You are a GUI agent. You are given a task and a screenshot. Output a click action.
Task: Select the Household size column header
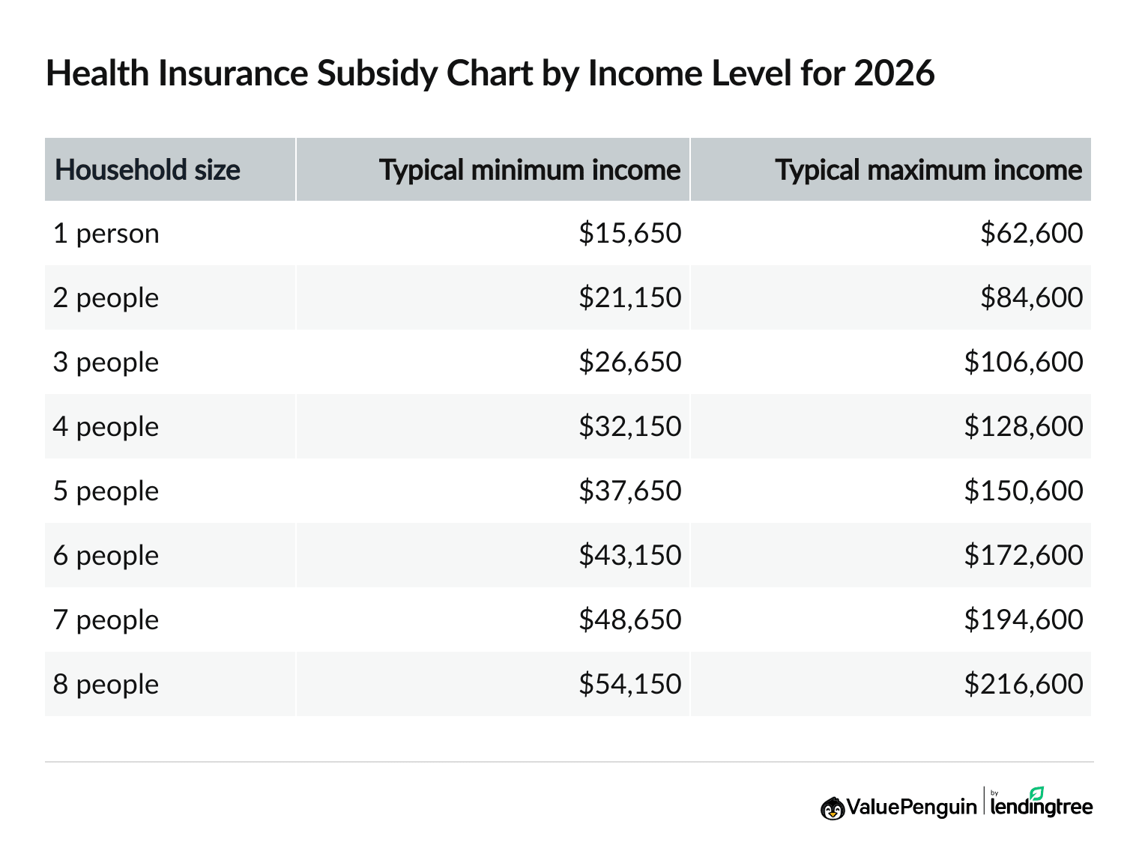click(x=148, y=170)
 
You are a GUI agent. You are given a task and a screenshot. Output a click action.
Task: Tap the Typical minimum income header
click(x=530, y=170)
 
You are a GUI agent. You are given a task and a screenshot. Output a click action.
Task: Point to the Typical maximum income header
click(x=928, y=170)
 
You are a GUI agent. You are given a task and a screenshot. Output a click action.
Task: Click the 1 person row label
click(x=106, y=234)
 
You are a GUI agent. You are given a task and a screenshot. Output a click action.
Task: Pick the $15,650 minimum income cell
click(x=629, y=234)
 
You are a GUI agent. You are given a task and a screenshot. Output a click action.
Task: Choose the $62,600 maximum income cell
click(x=1031, y=234)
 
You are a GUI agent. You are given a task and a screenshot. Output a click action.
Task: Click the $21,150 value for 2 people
click(x=629, y=298)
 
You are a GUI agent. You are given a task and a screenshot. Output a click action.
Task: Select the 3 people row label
click(x=106, y=363)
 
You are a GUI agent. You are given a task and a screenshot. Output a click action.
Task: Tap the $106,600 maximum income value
click(x=1023, y=363)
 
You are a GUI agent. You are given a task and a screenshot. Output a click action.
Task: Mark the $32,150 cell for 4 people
click(x=629, y=427)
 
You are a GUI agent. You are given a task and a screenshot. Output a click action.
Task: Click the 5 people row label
click(x=106, y=491)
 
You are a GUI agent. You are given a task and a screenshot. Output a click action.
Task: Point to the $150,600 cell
click(x=1023, y=491)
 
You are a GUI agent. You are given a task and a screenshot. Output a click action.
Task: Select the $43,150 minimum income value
click(x=629, y=556)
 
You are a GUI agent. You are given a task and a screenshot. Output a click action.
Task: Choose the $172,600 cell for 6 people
click(x=1023, y=556)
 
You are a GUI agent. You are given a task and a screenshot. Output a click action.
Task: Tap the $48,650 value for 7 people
click(x=629, y=620)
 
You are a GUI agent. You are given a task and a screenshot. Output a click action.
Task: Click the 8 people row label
click(x=106, y=685)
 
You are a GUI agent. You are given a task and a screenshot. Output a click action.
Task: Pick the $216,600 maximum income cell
click(x=1023, y=685)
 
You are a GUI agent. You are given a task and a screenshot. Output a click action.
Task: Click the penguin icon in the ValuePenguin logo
click(x=833, y=808)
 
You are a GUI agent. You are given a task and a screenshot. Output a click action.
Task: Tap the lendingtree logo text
click(x=1041, y=807)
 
